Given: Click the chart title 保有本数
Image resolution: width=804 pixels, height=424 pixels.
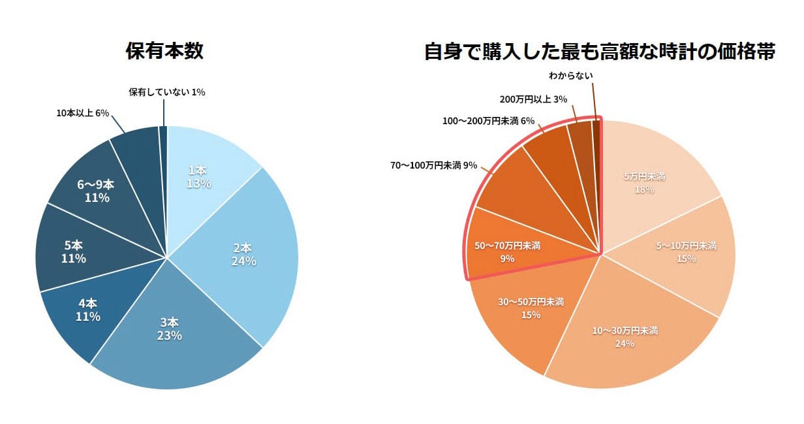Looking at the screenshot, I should point(164,51).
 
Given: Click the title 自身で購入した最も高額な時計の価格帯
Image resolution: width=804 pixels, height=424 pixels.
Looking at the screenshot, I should point(599,51).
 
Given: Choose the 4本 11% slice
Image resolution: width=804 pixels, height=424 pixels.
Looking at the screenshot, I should point(82,310).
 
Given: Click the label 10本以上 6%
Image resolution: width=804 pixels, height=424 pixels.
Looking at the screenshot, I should point(82,113).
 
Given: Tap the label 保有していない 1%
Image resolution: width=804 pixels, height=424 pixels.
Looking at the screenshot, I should point(166,92).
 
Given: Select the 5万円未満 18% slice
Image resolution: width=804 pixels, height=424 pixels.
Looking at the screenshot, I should point(646,183).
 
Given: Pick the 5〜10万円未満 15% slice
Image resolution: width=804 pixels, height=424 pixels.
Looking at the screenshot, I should point(685,252).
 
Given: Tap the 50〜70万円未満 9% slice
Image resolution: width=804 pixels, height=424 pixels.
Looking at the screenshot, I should point(509,252).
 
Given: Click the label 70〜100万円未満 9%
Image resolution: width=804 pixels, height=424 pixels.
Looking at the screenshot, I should point(434,165).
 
